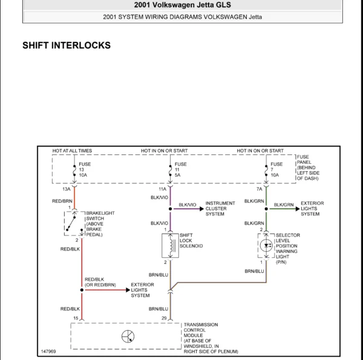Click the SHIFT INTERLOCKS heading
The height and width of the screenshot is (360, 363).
[66, 45]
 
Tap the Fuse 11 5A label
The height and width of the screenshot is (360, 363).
[180, 169]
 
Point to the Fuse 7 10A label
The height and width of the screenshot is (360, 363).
[276, 169]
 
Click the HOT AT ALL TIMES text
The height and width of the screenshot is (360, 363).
[72, 151]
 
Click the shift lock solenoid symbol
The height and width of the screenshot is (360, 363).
[169, 245]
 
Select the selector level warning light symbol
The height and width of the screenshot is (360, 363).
[266, 246]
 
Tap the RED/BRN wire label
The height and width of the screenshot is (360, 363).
[62, 200]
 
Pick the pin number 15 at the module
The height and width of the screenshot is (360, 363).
[76, 318]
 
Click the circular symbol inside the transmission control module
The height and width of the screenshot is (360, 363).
[128, 337]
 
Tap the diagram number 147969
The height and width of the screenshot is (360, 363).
[48, 351]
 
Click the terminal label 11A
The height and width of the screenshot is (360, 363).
[162, 189]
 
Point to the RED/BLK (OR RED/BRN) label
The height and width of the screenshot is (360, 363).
[100, 281]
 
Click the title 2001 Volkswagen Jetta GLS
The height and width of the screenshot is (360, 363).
[182, 5]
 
